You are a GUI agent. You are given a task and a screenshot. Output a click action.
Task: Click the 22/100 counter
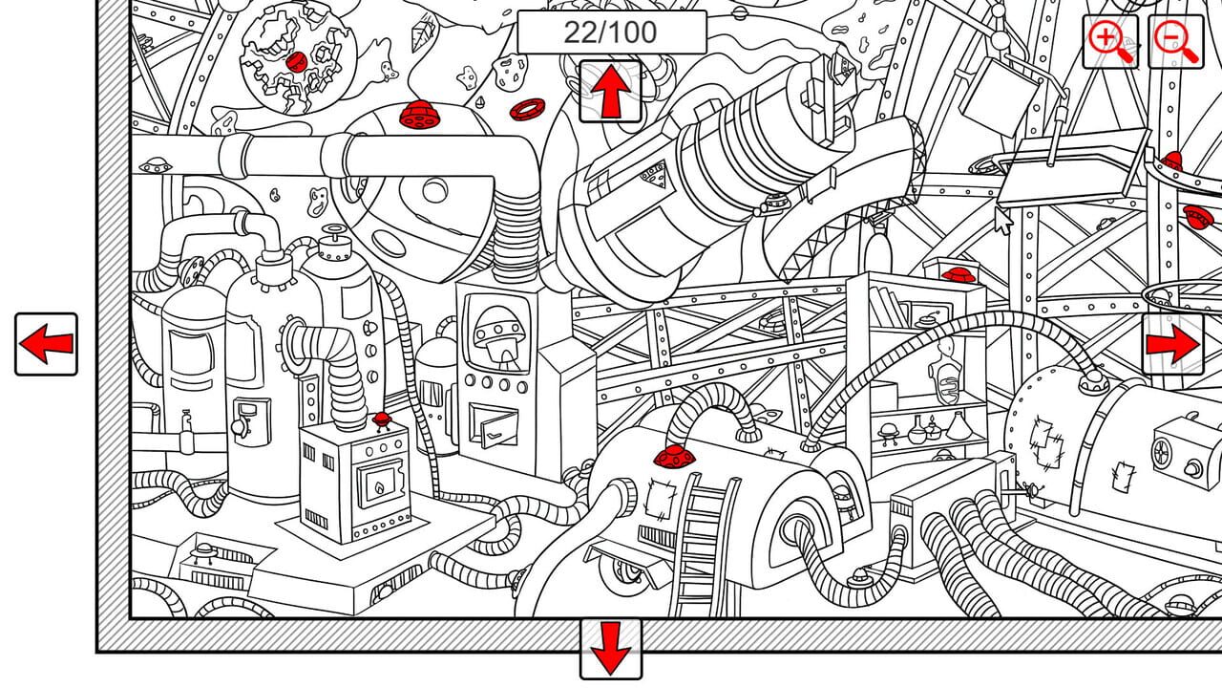click(611, 32)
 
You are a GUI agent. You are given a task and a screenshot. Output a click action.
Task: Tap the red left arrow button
click(46, 344)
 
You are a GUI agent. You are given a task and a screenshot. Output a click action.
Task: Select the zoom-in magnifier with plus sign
click(1109, 41)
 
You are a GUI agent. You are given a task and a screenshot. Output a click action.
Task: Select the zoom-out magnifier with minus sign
click(1174, 41)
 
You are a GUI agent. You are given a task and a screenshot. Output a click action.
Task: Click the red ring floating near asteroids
click(526, 110)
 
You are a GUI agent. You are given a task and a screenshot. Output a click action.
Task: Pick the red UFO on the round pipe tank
click(417, 116)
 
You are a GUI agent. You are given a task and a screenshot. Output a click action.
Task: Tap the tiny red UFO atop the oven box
click(382, 420)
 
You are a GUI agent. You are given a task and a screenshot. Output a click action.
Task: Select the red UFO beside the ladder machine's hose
click(674, 458)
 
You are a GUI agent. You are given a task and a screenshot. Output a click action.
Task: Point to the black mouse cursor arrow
click(1002, 221)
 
